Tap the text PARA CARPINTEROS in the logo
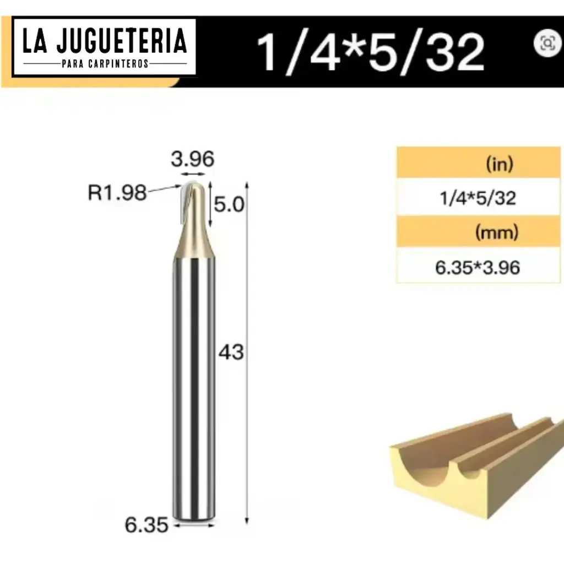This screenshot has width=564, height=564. [x=105, y=64]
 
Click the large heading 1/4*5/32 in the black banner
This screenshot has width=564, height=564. [x=371, y=52]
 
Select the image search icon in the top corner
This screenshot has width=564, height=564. [x=547, y=43]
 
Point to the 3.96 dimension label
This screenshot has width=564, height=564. [x=191, y=160]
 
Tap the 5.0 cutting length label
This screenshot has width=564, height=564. [x=228, y=205]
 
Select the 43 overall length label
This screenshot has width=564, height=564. [x=231, y=351]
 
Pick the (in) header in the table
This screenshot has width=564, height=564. [x=500, y=164]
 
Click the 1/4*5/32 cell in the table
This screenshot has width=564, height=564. [x=478, y=198]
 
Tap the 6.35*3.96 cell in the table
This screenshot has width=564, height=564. [x=478, y=267]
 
